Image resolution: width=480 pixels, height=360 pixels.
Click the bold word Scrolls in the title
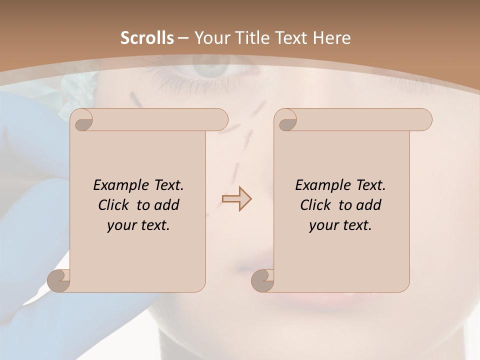(x=147, y=38)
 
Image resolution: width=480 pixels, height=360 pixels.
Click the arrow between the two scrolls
(x=236, y=199)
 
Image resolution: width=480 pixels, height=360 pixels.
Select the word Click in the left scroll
(x=115, y=205)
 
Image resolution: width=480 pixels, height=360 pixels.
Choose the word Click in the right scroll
(x=317, y=205)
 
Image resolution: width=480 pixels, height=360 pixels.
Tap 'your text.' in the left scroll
(x=138, y=225)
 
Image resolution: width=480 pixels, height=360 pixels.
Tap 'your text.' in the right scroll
(x=340, y=225)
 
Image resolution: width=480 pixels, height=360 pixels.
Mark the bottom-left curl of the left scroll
(x=59, y=280)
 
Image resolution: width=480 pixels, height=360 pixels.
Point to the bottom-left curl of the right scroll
(x=263, y=280)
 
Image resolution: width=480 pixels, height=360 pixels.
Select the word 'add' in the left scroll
(x=167, y=205)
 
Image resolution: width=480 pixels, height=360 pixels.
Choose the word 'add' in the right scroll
(x=369, y=205)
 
